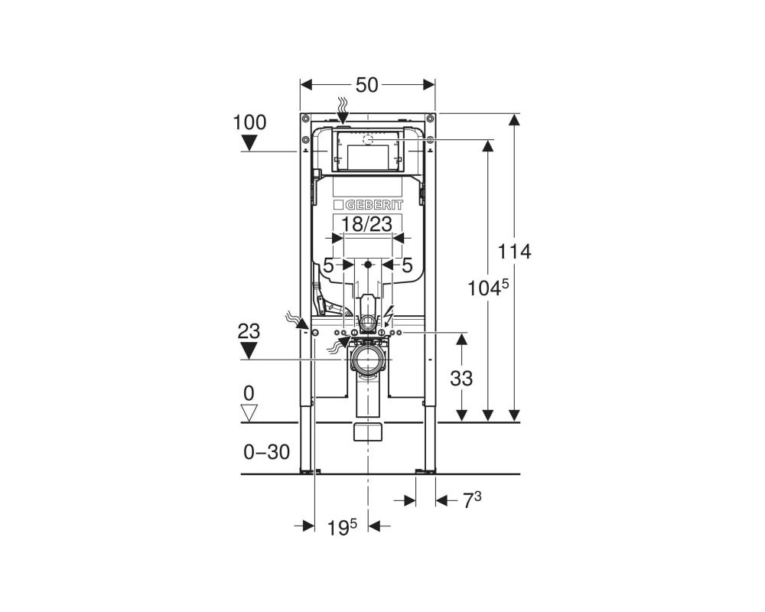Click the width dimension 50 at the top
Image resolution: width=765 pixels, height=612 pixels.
[x=367, y=85]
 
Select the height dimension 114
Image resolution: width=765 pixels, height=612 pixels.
[x=514, y=252]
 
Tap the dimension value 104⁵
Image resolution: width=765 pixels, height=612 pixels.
[x=488, y=288]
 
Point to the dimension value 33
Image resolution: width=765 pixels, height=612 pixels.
[x=461, y=378]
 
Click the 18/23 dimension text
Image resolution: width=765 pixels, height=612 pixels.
[x=366, y=224]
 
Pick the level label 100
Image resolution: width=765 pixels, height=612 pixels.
[x=250, y=122]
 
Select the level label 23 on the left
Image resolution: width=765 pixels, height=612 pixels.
[x=249, y=331]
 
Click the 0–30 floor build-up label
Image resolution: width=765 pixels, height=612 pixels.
[x=267, y=452]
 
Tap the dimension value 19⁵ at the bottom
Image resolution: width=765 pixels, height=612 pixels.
[x=342, y=527]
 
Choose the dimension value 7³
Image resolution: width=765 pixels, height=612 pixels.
[x=471, y=500]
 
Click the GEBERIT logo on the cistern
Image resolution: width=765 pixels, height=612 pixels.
[x=369, y=204]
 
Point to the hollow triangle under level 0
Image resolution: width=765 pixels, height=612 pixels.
[x=249, y=412]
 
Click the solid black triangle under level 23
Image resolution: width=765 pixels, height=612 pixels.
[x=249, y=351]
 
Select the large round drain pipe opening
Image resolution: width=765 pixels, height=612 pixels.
[x=368, y=360]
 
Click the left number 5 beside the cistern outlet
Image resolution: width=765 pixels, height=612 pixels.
[x=329, y=265]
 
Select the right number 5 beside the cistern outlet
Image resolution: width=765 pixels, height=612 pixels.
[x=407, y=265]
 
